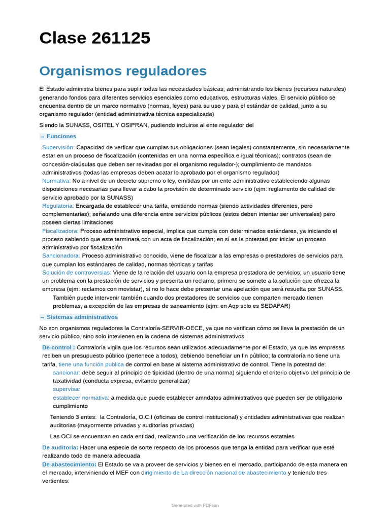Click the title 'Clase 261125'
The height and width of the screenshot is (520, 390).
[x=95, y=38]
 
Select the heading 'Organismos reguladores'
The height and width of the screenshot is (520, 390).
[x=123, y=71]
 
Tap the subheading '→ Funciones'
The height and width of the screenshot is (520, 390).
[x=58, y=136]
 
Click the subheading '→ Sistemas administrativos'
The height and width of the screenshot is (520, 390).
[x=79, y=317]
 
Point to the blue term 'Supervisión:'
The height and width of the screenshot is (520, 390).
[x=58, y=147]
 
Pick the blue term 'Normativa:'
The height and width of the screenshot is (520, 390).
[x=56, y=181]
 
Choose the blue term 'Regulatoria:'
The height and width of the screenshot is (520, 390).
[x=58, y=206]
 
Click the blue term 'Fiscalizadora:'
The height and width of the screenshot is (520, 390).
[x=60, y=231]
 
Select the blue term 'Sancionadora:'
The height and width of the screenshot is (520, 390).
[x=61, y=256]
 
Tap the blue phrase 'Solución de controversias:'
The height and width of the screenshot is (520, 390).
[x=77, y=273]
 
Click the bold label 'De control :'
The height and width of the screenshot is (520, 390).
[x=58, y=347]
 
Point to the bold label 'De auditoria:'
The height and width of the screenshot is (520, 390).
[x=60, y=447]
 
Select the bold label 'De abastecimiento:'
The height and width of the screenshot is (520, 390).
[x=69, y=464]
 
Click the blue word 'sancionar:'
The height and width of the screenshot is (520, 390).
[x=67, y=372]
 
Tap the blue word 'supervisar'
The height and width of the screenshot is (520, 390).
[x=67, y=389]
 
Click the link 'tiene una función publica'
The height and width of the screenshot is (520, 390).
[x=91, y=364]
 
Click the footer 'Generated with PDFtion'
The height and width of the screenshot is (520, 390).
[x=195, y=505]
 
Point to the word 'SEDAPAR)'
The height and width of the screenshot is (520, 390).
[x=276, y=306]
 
